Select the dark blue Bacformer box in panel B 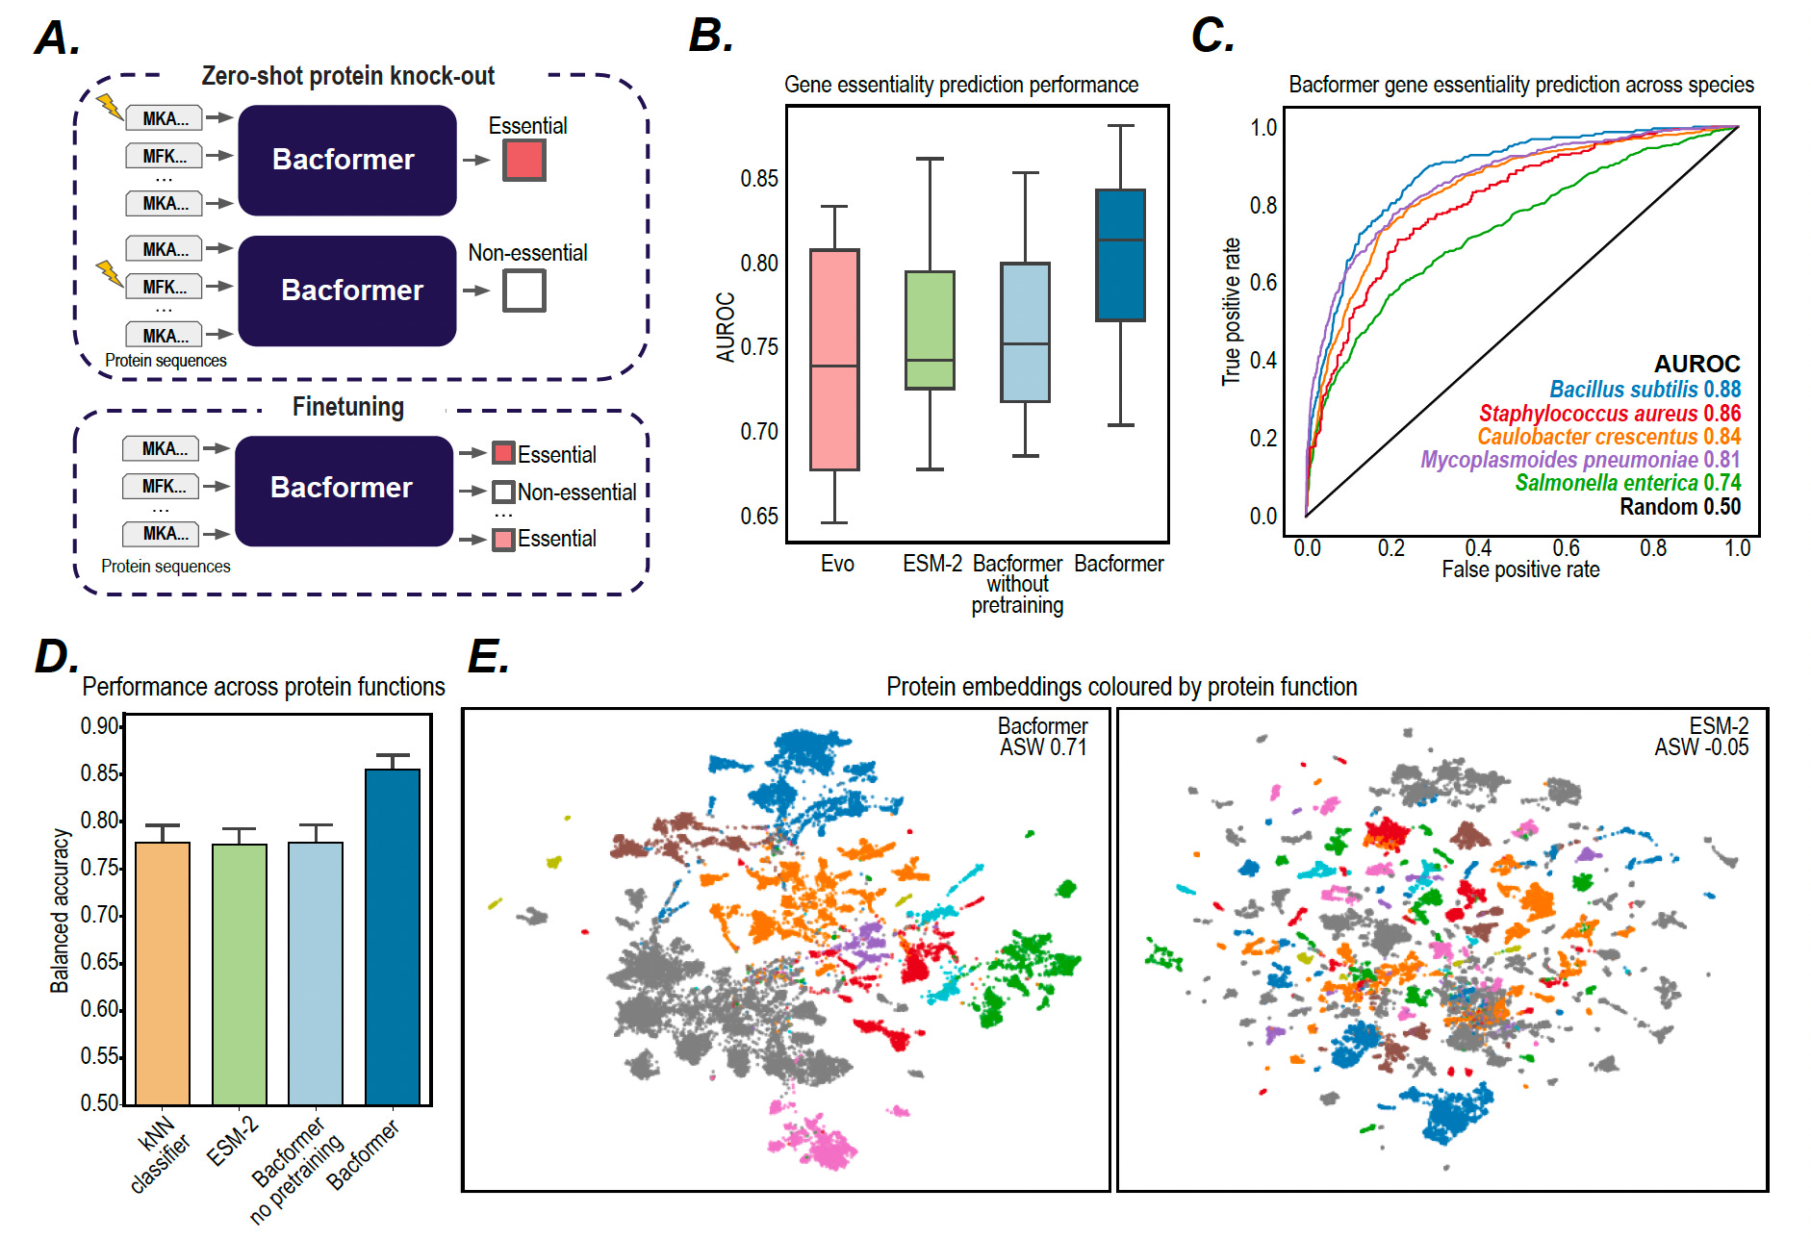1120,255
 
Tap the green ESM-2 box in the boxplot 930,330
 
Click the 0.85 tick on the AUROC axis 759,179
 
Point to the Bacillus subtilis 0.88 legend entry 1645,389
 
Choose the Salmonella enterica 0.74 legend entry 1627,483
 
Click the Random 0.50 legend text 1679,507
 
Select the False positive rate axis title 1520,569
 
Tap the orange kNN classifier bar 163,973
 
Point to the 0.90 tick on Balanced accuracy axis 99,726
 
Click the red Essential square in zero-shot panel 524,160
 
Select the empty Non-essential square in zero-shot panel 524,290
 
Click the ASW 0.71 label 1043,747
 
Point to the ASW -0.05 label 1701,747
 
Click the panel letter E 488,658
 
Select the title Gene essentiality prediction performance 961,85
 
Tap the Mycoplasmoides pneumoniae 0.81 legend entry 1580,460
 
